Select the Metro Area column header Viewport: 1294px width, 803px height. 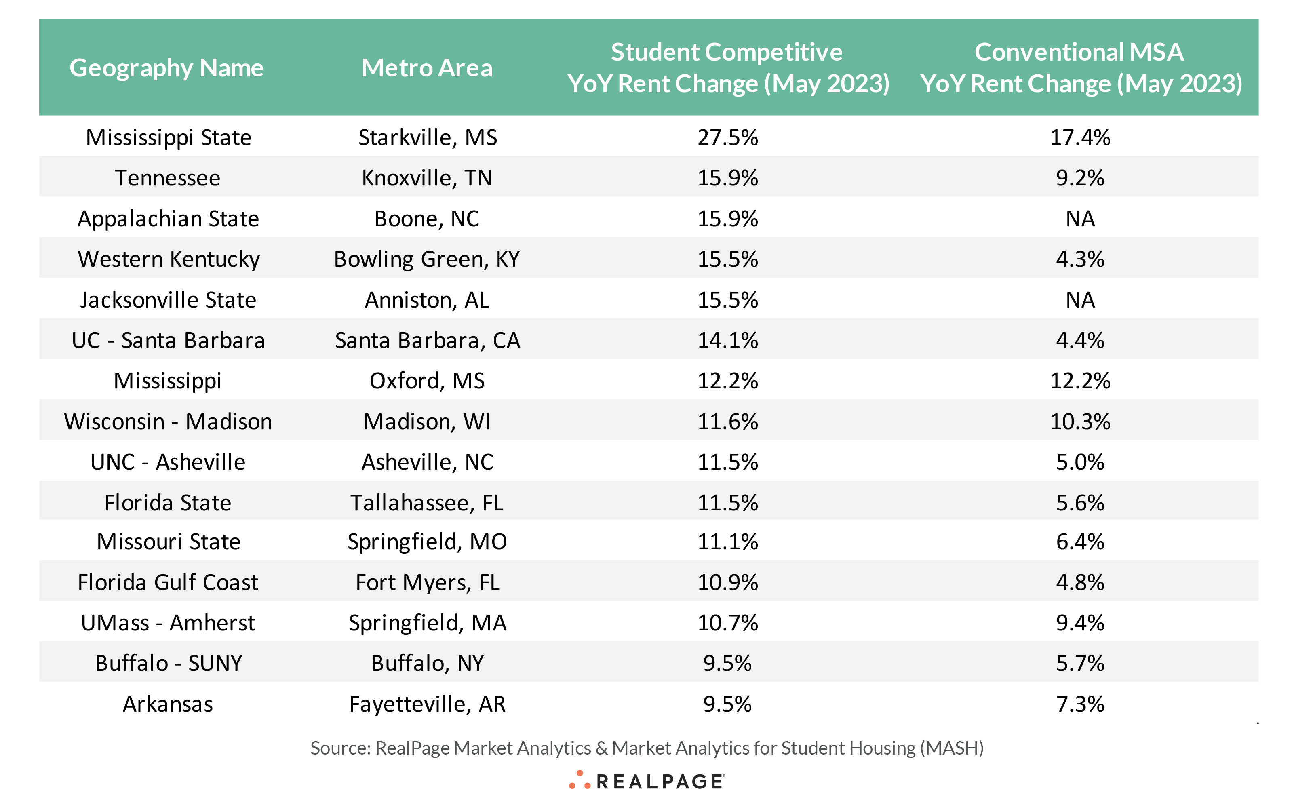tap(427, 68)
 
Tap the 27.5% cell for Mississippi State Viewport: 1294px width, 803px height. tap(727, 137)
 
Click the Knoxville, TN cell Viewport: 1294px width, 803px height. tap(427, 178)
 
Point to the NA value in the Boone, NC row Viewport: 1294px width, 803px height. tap(1080, 219)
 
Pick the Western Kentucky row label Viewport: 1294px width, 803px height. tap(169, 259)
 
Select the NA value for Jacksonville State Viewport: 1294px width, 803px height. tap(1080, 300)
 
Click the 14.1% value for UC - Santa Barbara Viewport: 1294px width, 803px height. tap(727, 340)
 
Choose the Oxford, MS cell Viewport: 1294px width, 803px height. tap(427, 381)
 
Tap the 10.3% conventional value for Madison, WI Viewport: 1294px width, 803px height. tap(1080, 422)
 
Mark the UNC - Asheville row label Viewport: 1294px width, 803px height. tap(168, 462)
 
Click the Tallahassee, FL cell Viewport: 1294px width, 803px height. tap(427, 503)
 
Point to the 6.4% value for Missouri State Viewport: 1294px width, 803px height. tap(1080, 542)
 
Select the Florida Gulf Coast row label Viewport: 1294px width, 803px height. tap(168, 583)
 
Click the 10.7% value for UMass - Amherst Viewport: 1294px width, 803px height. tap(727, 623)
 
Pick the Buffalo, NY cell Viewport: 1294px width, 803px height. tap(427, 663)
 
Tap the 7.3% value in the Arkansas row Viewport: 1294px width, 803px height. tap(1080, 704)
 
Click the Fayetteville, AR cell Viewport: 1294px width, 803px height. tap(427, 704)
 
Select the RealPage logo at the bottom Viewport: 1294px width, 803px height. tap(646, 781)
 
